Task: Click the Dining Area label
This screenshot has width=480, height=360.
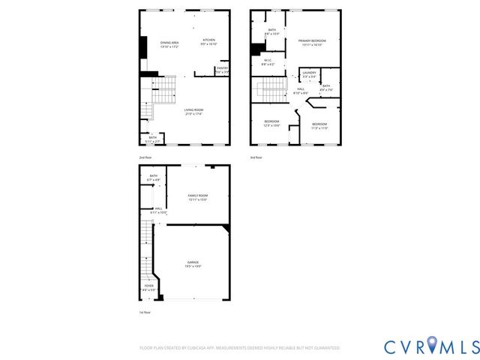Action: pos(169,43)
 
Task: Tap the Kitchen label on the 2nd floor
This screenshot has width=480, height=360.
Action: pos(208,40)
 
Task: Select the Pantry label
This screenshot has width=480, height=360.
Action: pos(222,68)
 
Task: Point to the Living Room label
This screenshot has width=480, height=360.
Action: pos(194,110)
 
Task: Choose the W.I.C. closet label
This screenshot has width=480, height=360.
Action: pos(268,62)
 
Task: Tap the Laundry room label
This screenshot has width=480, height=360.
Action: pos(309,72)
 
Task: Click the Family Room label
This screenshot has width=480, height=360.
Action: pos(197,195)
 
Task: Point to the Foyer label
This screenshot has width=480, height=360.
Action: pos(148,286)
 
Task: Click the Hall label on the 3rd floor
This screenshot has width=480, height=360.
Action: pos(300,90)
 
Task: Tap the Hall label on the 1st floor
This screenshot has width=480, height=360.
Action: pos(158,209)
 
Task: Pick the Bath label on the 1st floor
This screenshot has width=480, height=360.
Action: pos(153,176)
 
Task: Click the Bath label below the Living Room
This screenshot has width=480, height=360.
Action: pos(152,137)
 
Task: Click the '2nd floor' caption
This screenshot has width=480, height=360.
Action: pos(145,157)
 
